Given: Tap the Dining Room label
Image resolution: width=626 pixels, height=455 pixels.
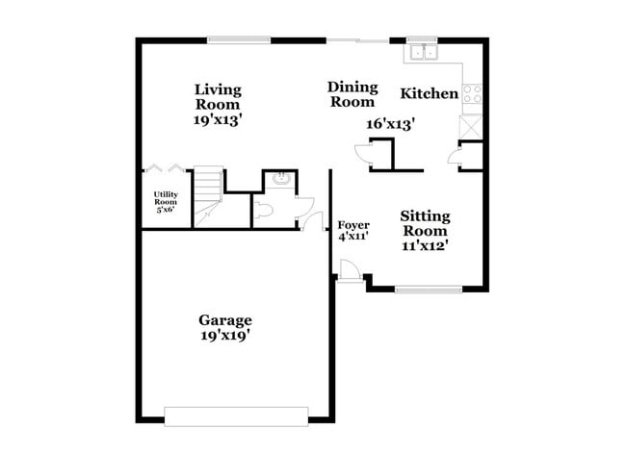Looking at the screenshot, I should [x=352, y=94].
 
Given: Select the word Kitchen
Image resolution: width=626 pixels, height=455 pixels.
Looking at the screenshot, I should [x=429, y=93].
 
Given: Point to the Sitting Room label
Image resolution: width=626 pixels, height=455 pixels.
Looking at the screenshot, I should [x=425, y=224].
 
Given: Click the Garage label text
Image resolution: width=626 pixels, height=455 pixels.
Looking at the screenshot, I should [x=225, y=319].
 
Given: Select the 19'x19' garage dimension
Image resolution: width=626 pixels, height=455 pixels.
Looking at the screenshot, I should [x=225, y=336].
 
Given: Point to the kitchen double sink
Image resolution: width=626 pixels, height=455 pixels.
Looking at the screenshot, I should [x=422, y=50].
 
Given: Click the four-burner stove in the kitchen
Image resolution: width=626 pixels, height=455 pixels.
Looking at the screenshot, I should [x=472, y=93].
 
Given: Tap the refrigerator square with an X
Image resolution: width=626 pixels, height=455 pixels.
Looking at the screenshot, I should [x=471, y=126].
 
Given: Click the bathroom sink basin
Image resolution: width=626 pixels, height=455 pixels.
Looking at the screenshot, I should [x=280, y=179].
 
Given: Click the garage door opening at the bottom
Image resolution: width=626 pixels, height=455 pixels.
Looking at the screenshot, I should [x=236, y=416].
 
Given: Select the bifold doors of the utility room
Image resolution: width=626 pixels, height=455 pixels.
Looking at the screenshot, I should [x=159, y=170].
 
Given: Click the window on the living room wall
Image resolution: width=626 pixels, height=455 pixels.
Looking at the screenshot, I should [x=237, y=39].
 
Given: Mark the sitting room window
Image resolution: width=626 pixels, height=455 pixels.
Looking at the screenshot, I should [x=427, y=289].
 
